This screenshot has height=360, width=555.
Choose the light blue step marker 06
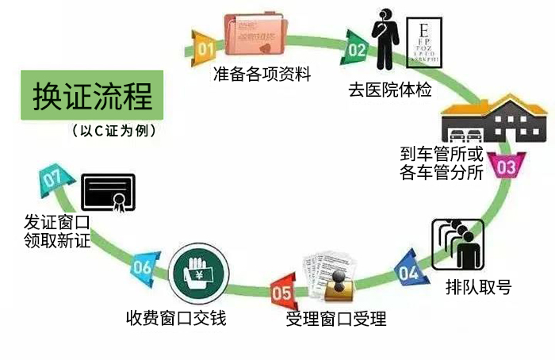click(x=142, y=267)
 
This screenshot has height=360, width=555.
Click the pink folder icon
click(x=255, y=34)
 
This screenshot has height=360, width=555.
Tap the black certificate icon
click(x=108, y=192)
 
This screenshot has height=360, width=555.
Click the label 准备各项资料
click(x=262, y=75)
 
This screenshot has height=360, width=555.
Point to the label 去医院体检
click(x=389, y=89)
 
